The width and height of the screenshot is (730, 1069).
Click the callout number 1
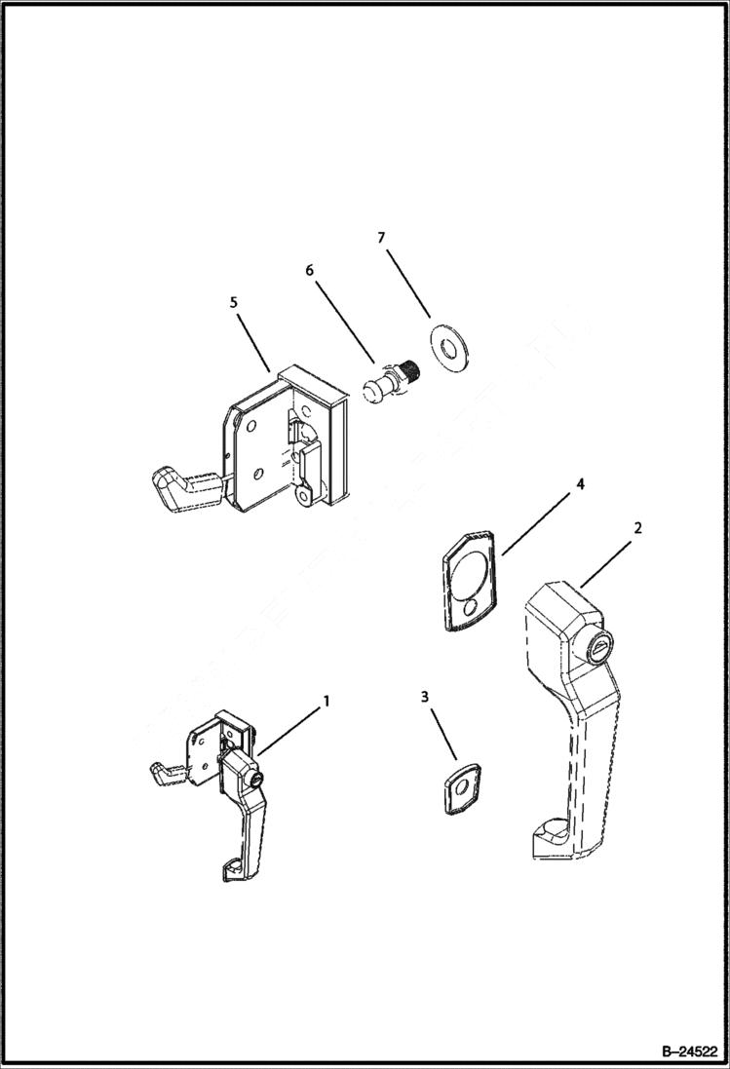point(327,701)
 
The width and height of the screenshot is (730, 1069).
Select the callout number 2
point(637,527)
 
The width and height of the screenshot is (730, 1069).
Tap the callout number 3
point(424,697)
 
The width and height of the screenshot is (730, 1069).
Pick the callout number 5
point(233,303)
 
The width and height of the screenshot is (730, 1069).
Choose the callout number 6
point(310,270)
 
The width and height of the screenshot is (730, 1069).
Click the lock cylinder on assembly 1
point(255,781)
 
